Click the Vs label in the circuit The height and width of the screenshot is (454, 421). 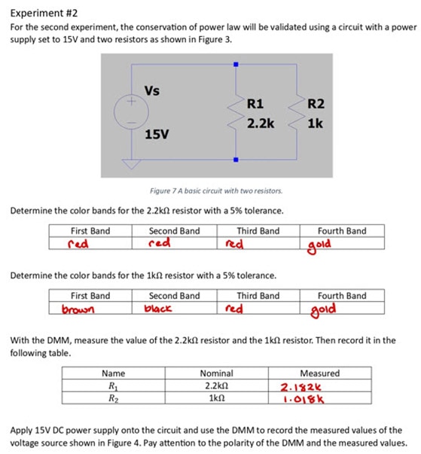point(151,92)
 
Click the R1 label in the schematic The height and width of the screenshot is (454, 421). point(255,104)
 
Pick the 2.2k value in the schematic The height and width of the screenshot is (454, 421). point(260,122)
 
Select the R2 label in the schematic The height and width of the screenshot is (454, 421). point(316,104)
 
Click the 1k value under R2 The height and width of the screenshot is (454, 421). point(315,122)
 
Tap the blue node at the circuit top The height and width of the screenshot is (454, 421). point(236,66)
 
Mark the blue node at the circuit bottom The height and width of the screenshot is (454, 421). point(236,160)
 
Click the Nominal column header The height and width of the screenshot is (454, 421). point(216,373)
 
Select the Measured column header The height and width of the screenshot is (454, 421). point(319,373)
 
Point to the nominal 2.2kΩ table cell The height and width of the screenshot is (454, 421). point(217,385)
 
